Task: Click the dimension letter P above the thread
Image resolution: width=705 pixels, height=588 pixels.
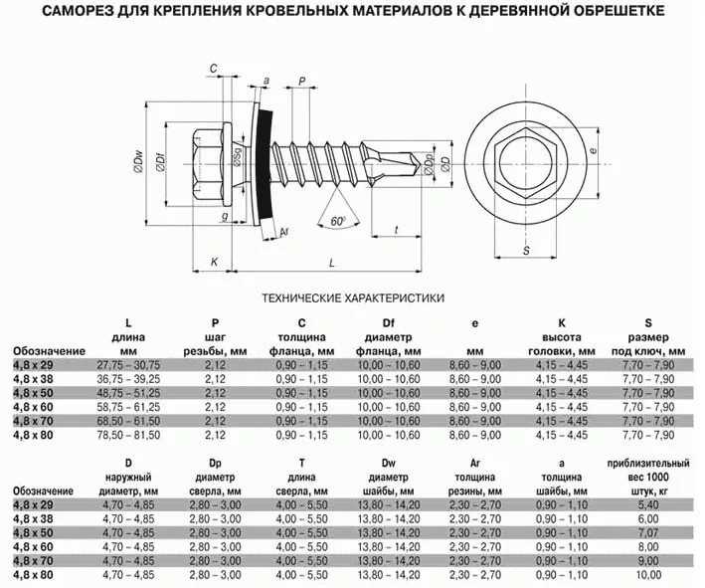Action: click(x=301, y=82)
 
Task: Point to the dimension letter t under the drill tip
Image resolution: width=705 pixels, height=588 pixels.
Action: click(x=396, y=230)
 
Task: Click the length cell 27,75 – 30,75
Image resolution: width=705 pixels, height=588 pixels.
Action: click(x=127, y=366)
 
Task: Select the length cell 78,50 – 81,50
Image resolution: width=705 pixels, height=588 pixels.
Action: click(x=127, y=436)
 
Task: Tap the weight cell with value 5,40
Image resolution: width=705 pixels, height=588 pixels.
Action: click(x=647, y=506)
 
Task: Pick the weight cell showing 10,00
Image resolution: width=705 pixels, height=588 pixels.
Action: click(x=647, y=575)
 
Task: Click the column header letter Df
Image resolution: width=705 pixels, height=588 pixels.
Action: click(x=388, y=323)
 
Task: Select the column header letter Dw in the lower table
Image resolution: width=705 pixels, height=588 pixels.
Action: click(x=388, y=464)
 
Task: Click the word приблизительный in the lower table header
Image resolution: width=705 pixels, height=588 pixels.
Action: click(x=647, y=464)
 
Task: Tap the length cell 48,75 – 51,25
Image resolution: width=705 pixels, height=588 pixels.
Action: click(x=127, y=394)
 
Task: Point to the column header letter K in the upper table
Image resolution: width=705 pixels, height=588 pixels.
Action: click(x=561, y=323)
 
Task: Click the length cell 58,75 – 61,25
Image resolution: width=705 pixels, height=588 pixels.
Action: click(x=127, y=408)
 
